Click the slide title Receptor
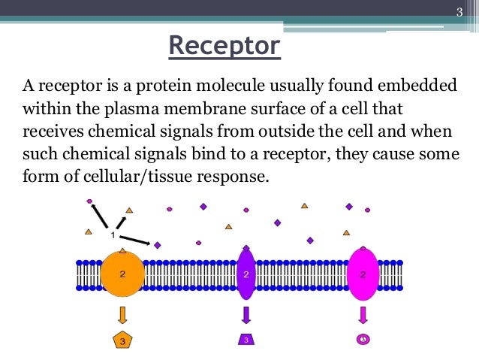click(x=224, y=46)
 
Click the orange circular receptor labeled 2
click(x=122, y=275)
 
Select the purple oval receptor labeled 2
click(x=246, y=275)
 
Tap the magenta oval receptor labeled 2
click(x=363, y=275)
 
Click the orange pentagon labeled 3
click(x=123, y=340)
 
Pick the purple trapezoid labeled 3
click(x=246, y=340)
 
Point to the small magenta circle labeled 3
click(x=363, y=340)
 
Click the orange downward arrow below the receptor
click(x=122, y=314)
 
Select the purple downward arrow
click(x=246, y=314)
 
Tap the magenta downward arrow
click(x=363, y=314)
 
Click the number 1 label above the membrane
click(x=113, y=235)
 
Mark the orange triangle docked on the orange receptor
click(x=123, y=249)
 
